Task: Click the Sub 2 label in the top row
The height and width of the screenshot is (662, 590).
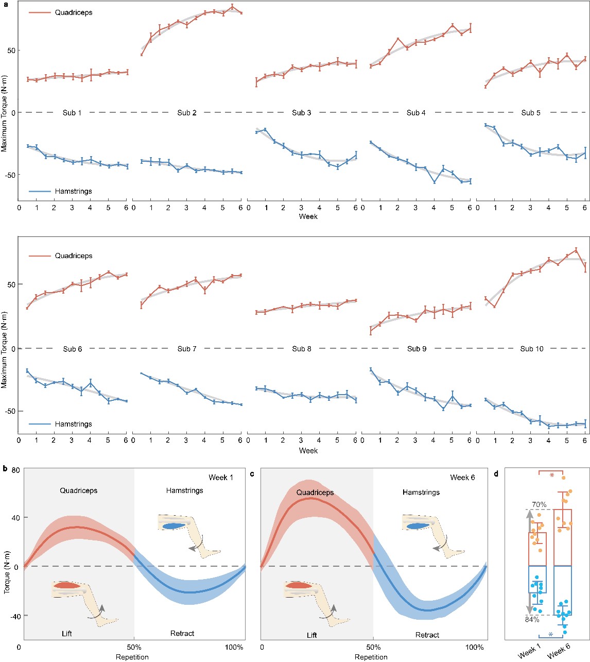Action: click(x=186, y=113)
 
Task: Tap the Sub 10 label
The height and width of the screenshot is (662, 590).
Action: click(x=532, y=349)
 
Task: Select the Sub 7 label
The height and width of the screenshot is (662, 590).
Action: click(x=187, y=349)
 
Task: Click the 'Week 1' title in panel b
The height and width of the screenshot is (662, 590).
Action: click(x=221, y=478)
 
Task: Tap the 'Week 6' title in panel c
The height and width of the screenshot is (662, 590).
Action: click(x=462, y=478)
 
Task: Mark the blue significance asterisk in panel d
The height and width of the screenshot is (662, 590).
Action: click(x=550, y=635)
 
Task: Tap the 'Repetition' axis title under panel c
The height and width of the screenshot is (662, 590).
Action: click(x=371, y=657)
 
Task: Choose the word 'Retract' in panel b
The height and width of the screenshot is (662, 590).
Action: click(x=182, y=633)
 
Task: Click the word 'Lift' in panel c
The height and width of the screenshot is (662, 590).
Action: click(x=312, y=635)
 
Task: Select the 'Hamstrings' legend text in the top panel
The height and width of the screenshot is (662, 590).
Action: click(x=74, y=191)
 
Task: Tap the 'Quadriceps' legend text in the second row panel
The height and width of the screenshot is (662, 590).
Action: click(x=74, y=256)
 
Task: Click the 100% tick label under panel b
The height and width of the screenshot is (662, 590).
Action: click(x=235, y=647)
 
